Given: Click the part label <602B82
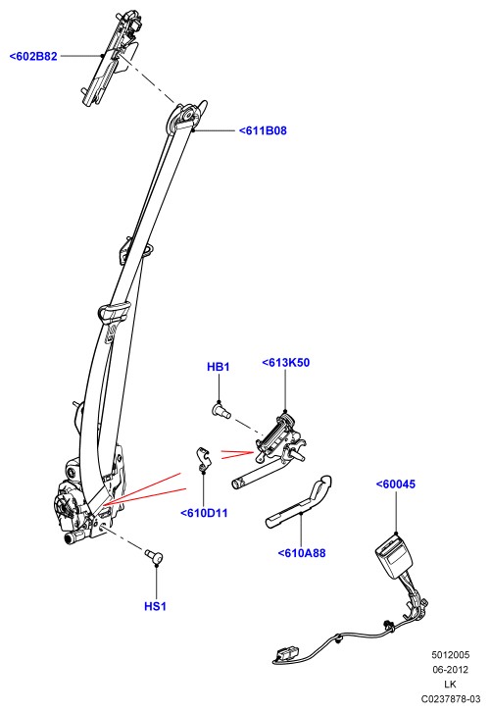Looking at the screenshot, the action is coord(33,56).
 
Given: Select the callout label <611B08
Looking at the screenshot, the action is coord(264,131).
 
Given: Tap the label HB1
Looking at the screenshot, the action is coord(219,367).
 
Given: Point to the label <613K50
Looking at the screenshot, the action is coord(286,363).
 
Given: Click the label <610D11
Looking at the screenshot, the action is coord(204,513).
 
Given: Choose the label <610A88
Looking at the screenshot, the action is coord(302,553).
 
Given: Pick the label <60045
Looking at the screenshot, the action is coord(396,484).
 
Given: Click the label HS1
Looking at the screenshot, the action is coord(156,606).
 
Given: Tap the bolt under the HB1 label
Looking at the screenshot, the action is coord(221,412).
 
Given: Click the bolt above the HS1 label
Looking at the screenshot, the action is coord(154,556).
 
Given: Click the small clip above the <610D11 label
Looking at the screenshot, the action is coord(203,459).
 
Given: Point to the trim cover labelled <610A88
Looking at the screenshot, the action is coord(300,503).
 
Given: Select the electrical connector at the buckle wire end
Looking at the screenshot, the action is coord(286,654).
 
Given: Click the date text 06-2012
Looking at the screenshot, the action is coord(450,669).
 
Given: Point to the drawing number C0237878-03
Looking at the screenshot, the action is coord(450,698).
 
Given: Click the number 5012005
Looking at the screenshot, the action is coord(450,655).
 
